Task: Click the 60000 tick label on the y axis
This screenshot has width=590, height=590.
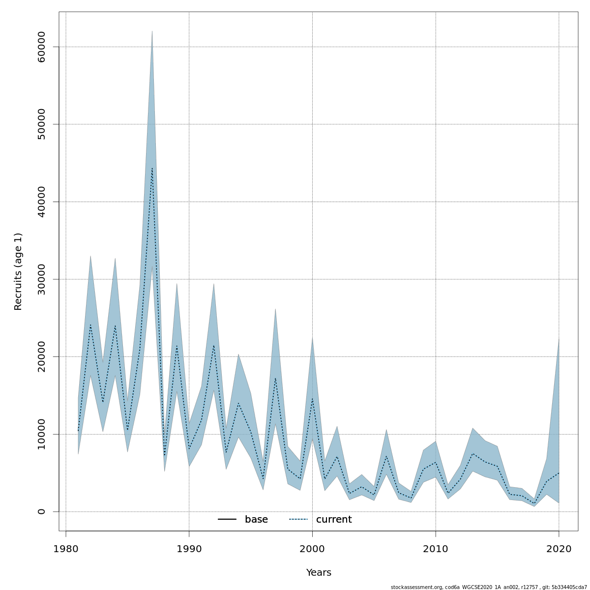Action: [41, 47]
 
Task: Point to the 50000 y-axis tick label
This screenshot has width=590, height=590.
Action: [41, 124]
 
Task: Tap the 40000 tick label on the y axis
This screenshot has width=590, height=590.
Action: [41, 202]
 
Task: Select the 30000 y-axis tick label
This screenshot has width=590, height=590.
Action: [41, 279]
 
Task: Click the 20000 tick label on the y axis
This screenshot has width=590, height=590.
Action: [41, 356]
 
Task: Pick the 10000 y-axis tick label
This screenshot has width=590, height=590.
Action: [41, 434]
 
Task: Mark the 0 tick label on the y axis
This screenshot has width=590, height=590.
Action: [41, 511]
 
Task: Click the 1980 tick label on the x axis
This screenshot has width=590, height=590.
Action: [66, 549]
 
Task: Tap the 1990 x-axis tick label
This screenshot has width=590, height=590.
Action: [189, 549]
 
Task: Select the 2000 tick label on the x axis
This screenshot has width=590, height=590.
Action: [312, 549]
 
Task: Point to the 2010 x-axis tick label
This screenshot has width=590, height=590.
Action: [436, 549]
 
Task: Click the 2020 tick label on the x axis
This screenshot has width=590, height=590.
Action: [559, 549]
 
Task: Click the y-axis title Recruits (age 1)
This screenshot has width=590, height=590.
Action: [18, 271]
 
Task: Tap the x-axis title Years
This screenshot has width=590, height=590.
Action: [319, 573]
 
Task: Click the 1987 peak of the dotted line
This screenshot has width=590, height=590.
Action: [152, 168]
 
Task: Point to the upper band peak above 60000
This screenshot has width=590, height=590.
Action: [152, 31]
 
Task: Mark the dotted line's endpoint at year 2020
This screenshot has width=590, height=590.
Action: [559, 473]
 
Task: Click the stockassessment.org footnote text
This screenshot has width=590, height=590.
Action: [489, 587]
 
